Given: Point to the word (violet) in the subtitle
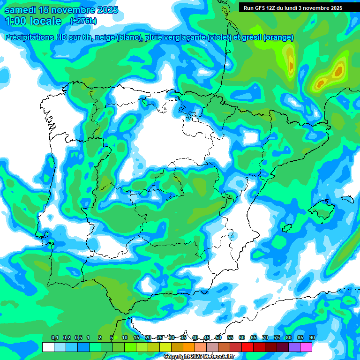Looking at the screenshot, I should point(219,37).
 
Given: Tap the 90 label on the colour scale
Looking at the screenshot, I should point(312,337).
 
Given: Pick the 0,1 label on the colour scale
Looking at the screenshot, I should point(54,337).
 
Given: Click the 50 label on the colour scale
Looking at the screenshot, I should point(218,337).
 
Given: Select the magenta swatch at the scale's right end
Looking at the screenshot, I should point(306,347).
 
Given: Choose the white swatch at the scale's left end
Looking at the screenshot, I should point(48,347).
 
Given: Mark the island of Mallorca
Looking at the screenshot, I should point(322,209).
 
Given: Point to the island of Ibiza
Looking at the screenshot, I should point(287,228).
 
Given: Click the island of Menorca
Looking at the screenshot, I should point(347,198).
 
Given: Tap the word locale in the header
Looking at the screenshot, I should point(45,21).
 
